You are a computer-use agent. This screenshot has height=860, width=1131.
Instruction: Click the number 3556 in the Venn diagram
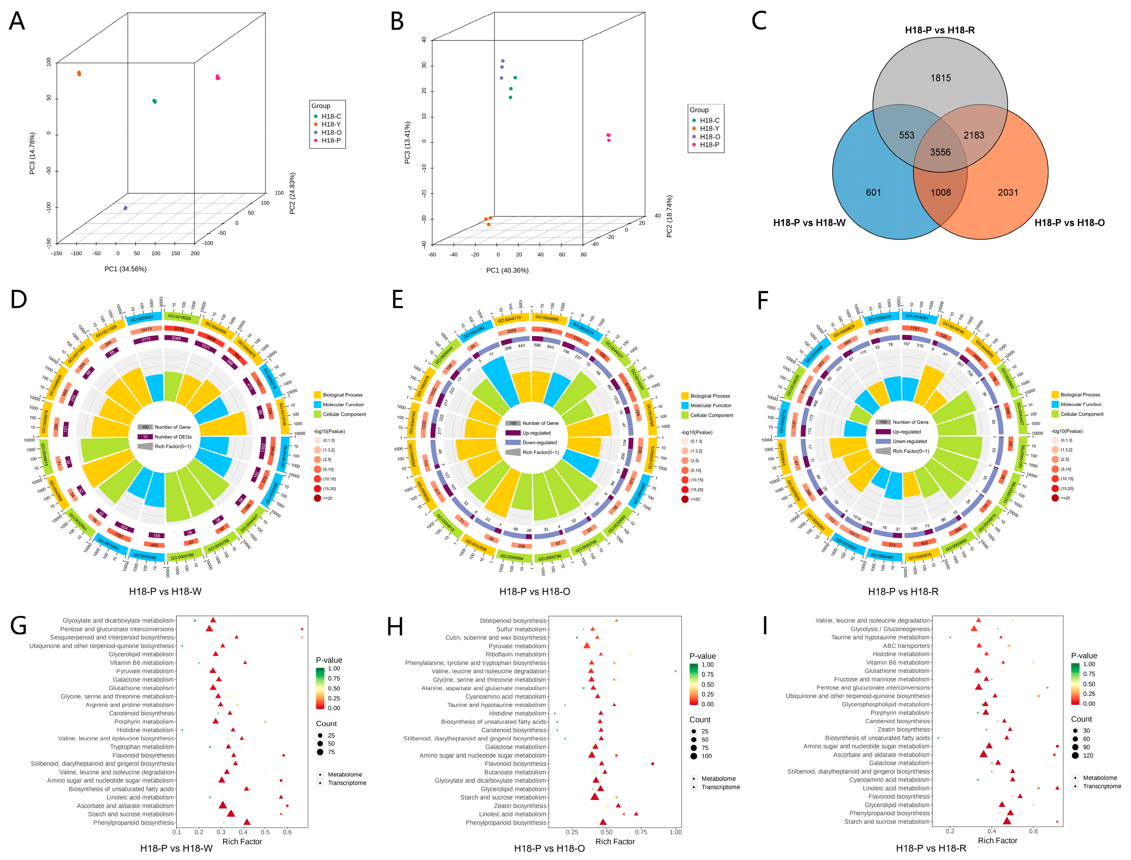point(940,153)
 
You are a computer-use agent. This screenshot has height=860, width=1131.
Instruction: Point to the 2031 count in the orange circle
point(1008,192)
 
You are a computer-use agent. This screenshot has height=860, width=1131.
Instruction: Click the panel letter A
point(17,21)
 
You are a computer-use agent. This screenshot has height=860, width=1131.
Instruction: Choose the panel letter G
point(19,626)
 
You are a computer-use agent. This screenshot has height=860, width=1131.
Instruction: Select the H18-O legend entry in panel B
point(709,137)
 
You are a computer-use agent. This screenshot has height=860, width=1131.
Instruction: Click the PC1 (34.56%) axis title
point(125,269)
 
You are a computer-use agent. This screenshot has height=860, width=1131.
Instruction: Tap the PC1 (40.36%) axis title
point(507,270)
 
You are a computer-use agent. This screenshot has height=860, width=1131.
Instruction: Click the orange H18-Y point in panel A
point(79,74)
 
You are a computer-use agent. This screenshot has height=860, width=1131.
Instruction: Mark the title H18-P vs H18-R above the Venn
point(940,30)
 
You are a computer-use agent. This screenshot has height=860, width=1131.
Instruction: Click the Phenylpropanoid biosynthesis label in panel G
point(134,823)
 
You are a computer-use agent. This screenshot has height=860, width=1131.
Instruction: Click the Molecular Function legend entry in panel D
point(343,404)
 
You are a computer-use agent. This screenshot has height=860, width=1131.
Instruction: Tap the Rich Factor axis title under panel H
point(615,841)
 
